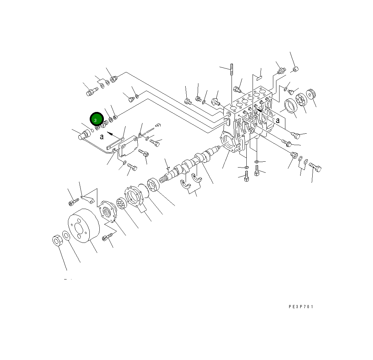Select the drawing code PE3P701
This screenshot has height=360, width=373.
tap(301, 306)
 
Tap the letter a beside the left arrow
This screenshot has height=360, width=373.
tap(101, 137)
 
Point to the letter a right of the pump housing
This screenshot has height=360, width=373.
tap(277, 120)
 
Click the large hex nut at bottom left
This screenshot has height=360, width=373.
tap(57, 240)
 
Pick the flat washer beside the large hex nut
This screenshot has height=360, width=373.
tap(67, 235)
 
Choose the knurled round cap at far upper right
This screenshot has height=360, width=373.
tap(312, 94)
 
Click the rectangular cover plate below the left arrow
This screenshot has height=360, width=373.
tap(128, 147)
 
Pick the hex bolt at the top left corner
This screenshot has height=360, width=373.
tap(91, 92)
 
